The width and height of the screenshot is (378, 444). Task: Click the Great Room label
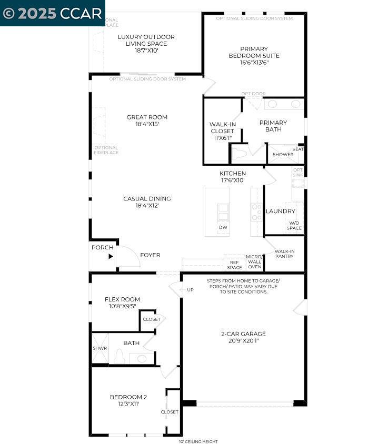click(147, 117)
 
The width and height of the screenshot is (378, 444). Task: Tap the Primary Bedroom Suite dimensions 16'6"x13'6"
click(254, 62)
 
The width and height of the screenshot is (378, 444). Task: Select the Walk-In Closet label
click(223, 128)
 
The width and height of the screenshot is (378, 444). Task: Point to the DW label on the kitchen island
click(223, 228)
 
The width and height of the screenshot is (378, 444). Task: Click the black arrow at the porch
click(111, 257)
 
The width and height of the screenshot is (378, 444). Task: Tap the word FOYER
click(150, 255)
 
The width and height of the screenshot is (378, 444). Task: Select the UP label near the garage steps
click(191, 290)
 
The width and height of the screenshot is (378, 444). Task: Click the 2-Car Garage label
click(243, 334)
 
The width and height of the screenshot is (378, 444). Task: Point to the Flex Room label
click(122, 299)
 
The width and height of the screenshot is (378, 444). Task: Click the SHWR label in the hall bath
click(100, 348)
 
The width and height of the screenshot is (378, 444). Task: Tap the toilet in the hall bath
click(120, 357)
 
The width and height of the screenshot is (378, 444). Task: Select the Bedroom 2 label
click(128, 397)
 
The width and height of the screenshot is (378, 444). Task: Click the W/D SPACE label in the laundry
click(294, 225)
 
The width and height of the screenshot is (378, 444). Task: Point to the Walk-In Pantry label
click(284, 254)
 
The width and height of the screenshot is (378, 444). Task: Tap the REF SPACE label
click(235, 265)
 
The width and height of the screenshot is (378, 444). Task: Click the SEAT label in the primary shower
click(298, 149)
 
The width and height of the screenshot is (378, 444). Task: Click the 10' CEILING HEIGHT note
click(198, 441)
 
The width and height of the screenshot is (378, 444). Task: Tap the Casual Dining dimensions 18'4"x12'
click(147, 206)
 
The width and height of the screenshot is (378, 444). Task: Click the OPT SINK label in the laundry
click(298, 173)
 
